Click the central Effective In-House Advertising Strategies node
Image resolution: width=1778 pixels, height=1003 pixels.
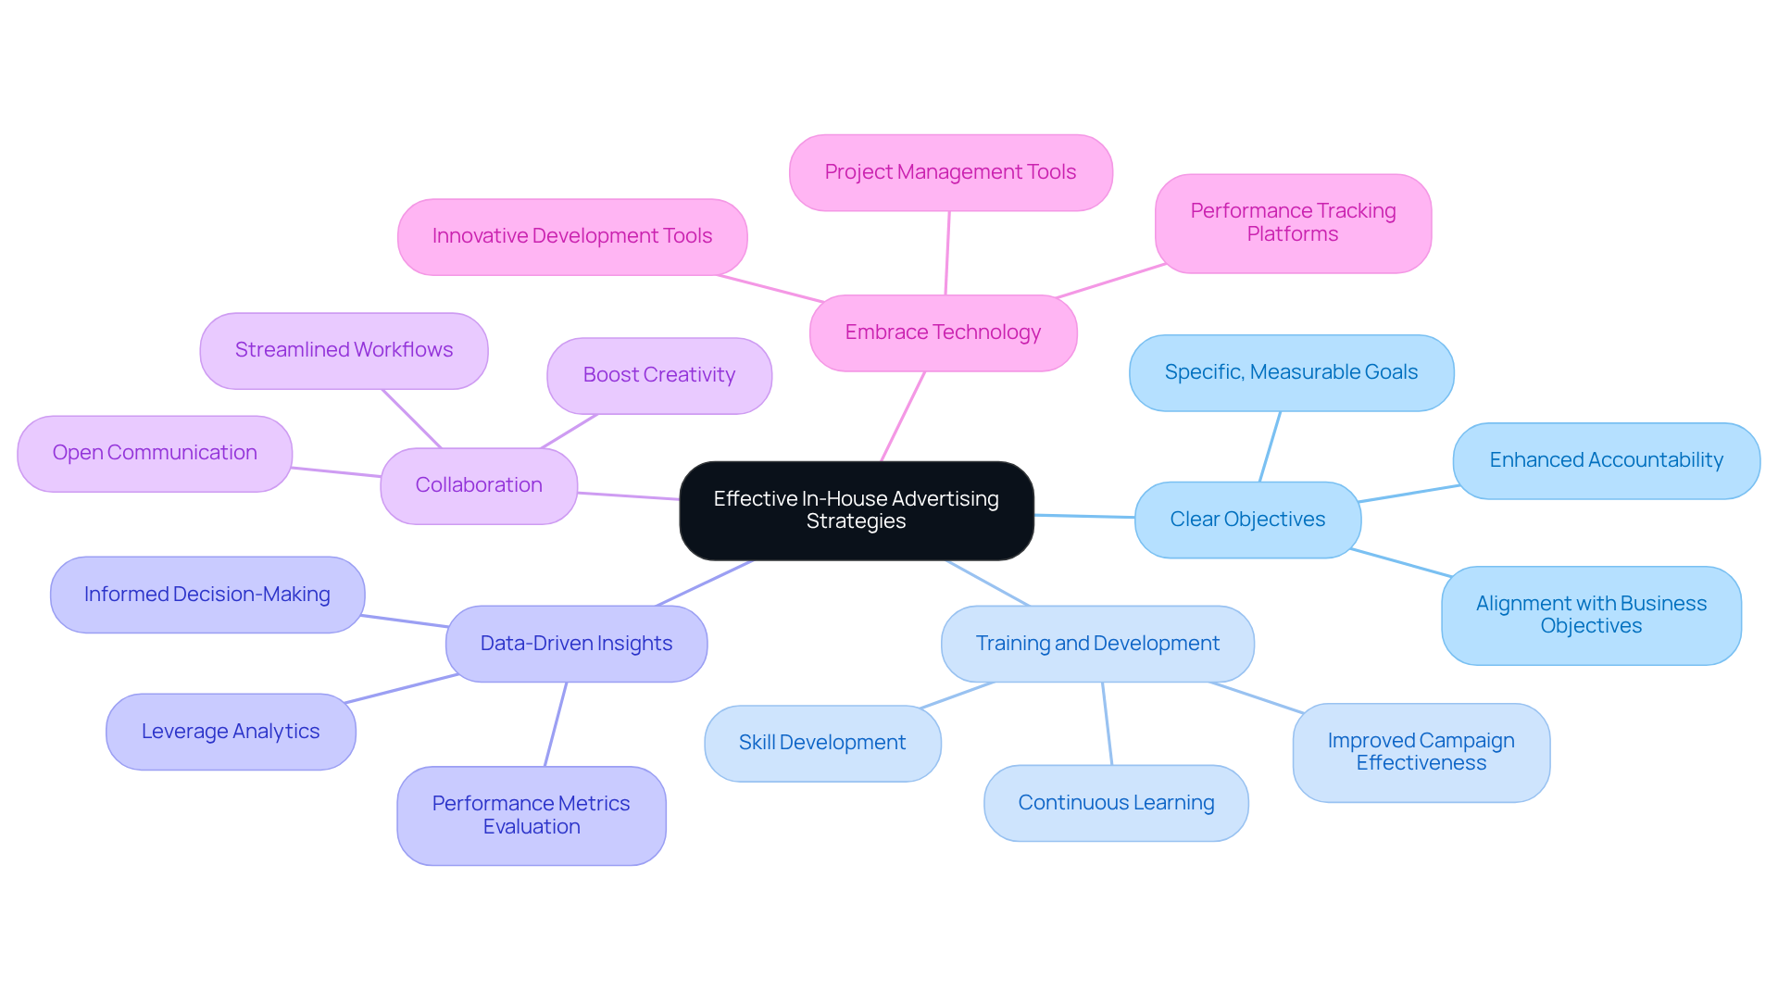tap(856, 510)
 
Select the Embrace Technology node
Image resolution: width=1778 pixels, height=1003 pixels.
tap(943, 332)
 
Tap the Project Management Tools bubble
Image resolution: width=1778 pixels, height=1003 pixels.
tap(950, 172)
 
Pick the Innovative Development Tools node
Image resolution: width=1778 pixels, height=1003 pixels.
tap(572, 236)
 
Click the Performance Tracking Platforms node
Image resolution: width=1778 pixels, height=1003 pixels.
tap(1293, 223)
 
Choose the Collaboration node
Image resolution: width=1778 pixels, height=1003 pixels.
tap(479, 485)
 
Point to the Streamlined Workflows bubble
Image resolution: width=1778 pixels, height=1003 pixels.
tap(344, 350)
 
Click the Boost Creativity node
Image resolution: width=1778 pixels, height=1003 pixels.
tap(658, 375)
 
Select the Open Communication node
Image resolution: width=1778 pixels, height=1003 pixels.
tap(155, 453)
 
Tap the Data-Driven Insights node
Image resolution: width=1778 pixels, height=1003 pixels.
tap(576, 644)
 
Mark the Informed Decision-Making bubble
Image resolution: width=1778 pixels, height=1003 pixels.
tap(207, 595)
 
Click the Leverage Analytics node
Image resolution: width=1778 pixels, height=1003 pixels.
tap(231, 732)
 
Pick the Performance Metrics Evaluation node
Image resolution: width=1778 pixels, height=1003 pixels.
tap(531, 815)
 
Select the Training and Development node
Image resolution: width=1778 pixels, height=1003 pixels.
tap(1097, 644)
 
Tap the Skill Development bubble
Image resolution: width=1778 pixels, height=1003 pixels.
tap(822, 743)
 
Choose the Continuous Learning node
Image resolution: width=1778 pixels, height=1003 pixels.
tap(1116, 803)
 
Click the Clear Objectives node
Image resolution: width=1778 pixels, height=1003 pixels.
tap(1247, 520)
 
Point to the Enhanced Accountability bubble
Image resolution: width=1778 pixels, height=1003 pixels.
tap(1606, 460)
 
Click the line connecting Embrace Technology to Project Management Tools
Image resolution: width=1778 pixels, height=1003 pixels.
tap(947, 253)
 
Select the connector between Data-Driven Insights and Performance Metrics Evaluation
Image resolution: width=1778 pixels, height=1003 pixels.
tap(556, 724)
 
